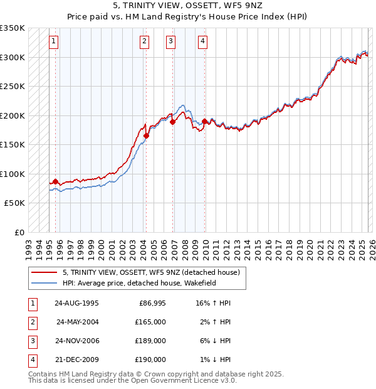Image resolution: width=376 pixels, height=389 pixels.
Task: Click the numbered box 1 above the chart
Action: (x=54, y=42)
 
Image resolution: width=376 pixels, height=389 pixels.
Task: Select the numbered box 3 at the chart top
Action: (x=171, y=42)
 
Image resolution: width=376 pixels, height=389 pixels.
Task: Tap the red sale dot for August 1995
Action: (x=55, y=182)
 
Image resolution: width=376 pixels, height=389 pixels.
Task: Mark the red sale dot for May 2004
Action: (x=146, y=136)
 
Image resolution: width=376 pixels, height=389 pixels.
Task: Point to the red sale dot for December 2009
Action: (x=204, y=120)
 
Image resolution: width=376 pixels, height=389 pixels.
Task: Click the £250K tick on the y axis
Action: (x=13, y=86)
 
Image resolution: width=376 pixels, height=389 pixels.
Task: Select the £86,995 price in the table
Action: (x=152, y=303)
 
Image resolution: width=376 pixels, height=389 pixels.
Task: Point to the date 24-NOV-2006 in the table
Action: (x=76, y=341)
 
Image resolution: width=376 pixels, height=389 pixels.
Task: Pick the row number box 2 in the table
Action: (x=31, y=322)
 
